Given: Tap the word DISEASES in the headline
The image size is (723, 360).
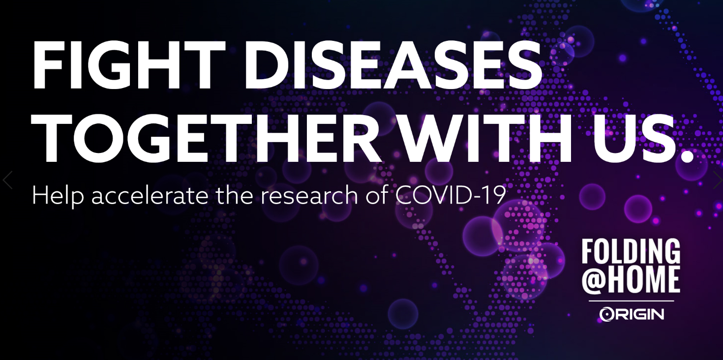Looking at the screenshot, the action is [x=393, y=64].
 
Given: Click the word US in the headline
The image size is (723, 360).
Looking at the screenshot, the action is [x=634, y=138].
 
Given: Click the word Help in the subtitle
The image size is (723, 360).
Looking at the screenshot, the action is [x=58, y=195].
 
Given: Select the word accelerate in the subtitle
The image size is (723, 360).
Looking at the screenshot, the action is [x=150, y=196].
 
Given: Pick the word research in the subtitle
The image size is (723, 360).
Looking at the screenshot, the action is [x=309, y=196].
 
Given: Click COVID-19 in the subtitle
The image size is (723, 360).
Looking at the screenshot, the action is [x=450, y=195].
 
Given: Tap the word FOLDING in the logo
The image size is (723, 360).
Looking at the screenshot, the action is [x=631, y=252].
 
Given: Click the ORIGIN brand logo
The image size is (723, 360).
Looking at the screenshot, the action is [x=632, y=314].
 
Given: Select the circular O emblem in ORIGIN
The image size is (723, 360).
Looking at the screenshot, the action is [x=606, y=314].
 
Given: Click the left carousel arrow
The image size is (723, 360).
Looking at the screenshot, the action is [x=7, y=180].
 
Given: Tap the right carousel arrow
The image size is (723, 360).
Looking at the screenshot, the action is [x=718, y=180].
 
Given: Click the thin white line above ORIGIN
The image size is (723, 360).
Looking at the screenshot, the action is [x=632, y=301].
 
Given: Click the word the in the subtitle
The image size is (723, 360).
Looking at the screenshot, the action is [x=235, y=195].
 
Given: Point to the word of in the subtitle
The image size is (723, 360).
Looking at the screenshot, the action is [x=377, y=195].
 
